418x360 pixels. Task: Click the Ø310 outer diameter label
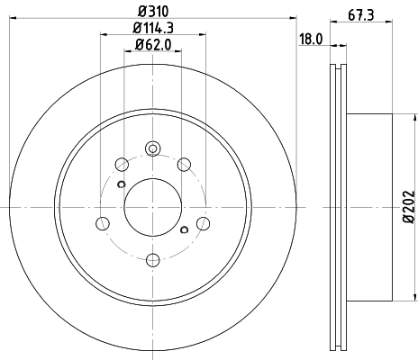click(150, 11)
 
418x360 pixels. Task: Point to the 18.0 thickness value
click(312, 39)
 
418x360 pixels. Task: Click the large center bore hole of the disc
click(150, 206)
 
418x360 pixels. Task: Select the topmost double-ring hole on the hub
click(152, 149)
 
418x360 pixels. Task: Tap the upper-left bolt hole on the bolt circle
click(120, 164)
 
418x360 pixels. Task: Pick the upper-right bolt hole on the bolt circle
click(185, 164)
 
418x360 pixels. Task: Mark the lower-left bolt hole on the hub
click(103, 223)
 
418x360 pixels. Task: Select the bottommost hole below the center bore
click(152, 260)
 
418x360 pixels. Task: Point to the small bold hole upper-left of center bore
click(121, 184)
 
